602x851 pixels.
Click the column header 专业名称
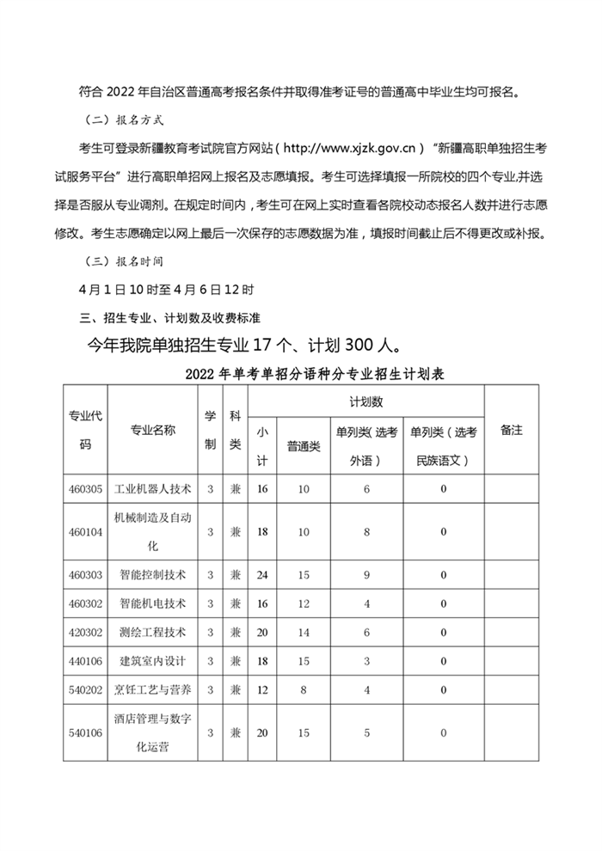tap(152, 430)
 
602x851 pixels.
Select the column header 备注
tap(511, 430)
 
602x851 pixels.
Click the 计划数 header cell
tap(366, 401)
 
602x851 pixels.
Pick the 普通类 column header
tap(303, 445)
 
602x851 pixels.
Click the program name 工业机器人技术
tap(152, 488)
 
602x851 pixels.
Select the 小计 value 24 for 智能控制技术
tap(262, 573)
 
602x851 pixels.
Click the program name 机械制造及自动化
tap(152, 531)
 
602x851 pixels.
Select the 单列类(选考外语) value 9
tap(365, 573)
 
